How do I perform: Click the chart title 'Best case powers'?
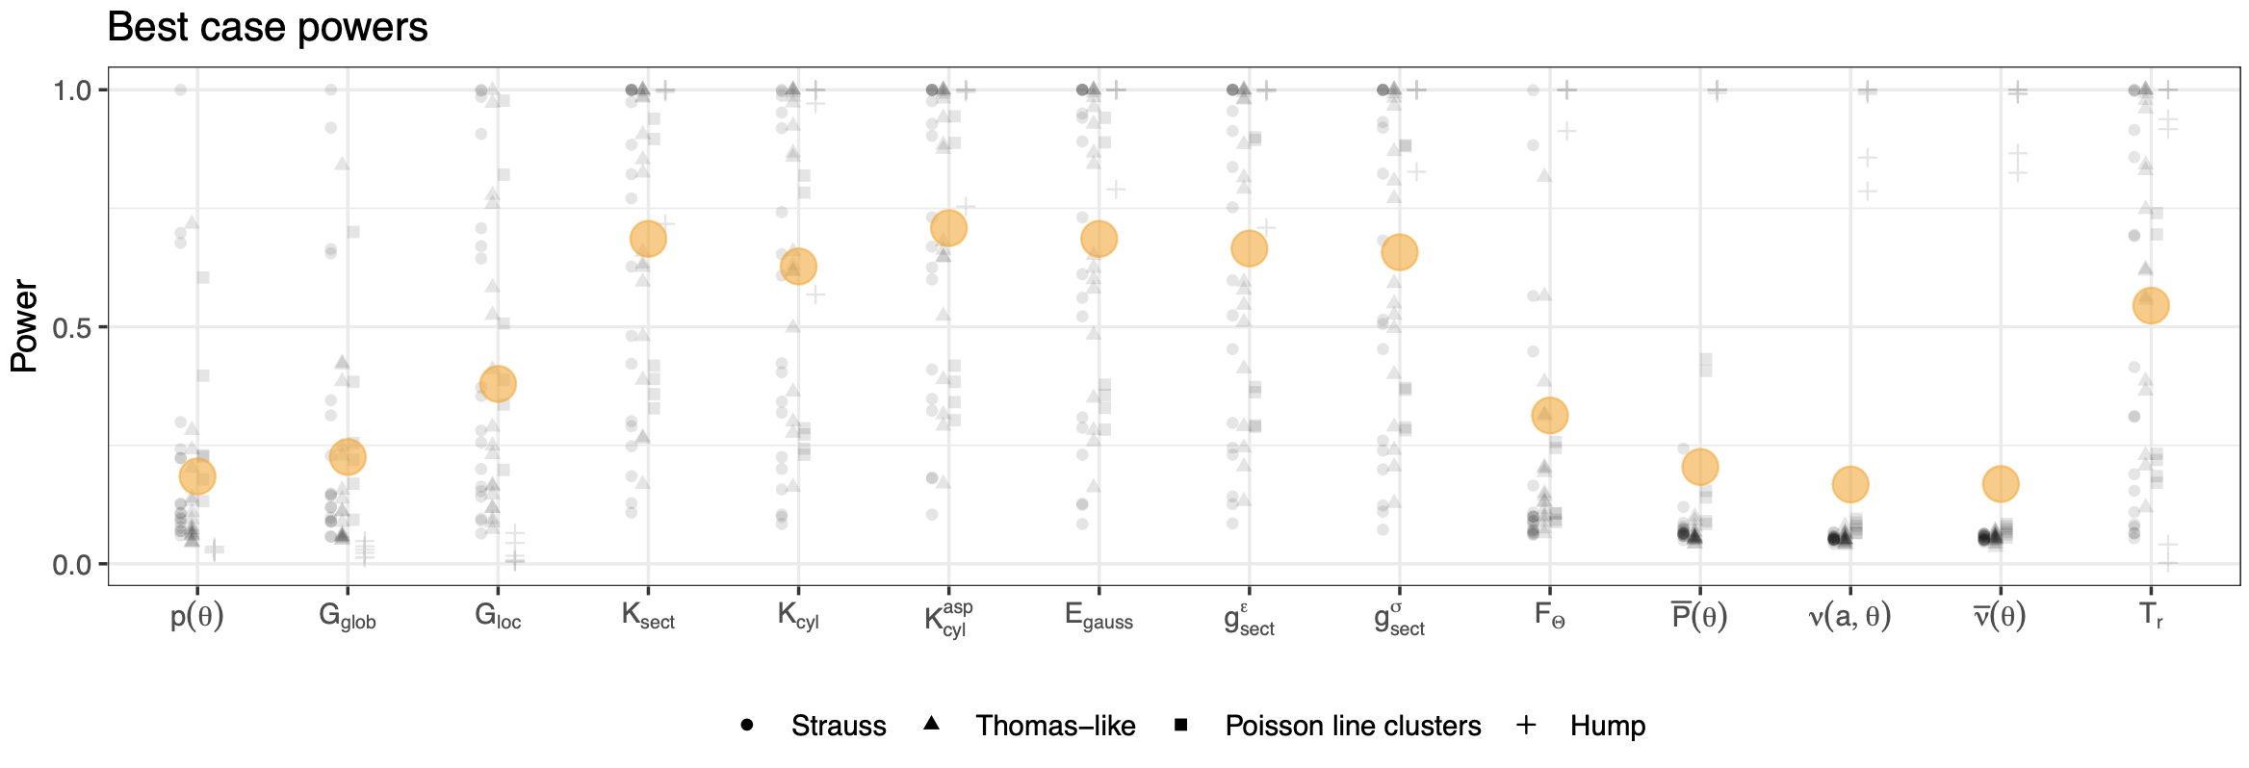[x=267, y=27]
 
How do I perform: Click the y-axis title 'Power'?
[x=24, y=326]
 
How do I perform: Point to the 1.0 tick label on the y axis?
[x=72, y=90]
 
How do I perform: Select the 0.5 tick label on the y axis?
[x=72, y=327]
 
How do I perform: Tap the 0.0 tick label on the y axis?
[x=72, y=564]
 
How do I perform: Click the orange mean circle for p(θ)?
[x=197, y=475]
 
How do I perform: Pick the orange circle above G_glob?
[x=348, y=456]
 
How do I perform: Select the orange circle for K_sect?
[x=648, y=238]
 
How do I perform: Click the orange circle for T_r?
[x=2151, y=306]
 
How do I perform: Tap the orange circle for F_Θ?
[x=1550, y=416]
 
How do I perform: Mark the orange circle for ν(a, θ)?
[x=1850, y=484]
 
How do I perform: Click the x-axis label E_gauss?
[x=1099, y=617]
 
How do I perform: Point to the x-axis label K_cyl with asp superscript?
[x=948, y=618]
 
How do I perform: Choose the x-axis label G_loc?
[x=498, y=617]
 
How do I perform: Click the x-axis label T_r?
[x=2151, y=616]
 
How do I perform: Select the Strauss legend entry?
[x=838, y=726]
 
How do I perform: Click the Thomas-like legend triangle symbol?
[x=931, y=724]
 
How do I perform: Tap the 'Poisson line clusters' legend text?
[x=1353, y=726]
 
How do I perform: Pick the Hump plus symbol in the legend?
[x=1526, y=725]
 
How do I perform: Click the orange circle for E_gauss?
[x=1099, y=239]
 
